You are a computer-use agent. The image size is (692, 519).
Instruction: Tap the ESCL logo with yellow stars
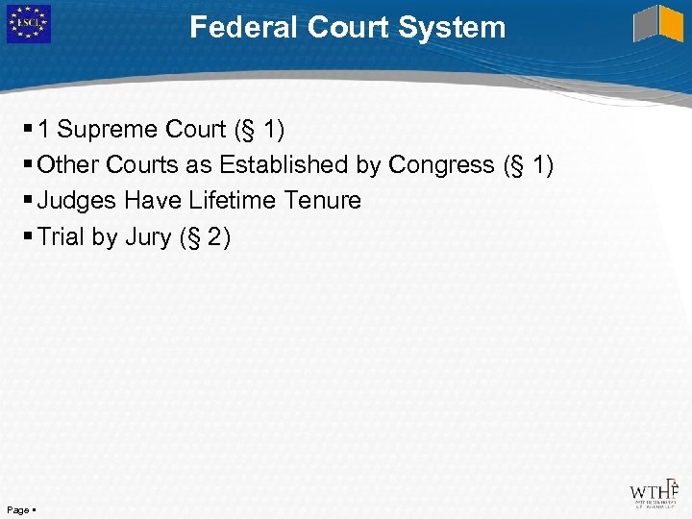(x=28, y=24)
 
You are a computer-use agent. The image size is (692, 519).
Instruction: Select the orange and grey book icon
(x=658, y=24)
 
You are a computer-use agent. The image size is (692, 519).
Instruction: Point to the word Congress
(x=441, y=165)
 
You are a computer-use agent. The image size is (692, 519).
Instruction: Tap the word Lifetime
(x=232, y=201)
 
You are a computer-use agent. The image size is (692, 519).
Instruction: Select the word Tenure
(x=322, y=201)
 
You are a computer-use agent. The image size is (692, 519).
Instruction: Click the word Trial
(x=62, y=236)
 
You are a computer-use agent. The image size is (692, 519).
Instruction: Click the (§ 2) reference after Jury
(x=205, y=236)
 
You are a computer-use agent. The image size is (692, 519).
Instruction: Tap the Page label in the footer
(x=17, y=508)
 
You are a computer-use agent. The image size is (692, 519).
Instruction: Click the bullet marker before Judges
(x=30, y=201)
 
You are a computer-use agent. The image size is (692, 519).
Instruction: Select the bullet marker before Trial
(x=30, y=236)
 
